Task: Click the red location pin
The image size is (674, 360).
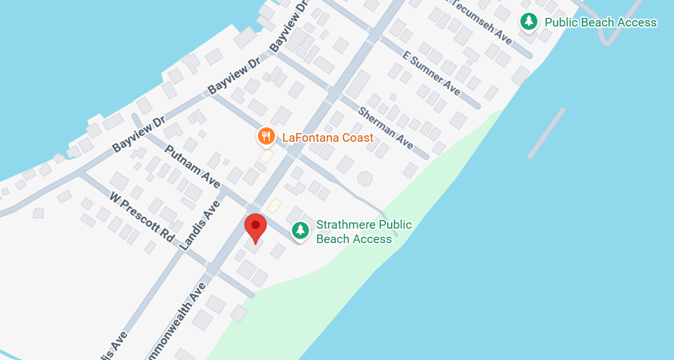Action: [x=256, y=226]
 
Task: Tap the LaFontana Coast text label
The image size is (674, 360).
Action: [x=328, y=138]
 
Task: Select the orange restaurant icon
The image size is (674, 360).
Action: [x=265, y=137]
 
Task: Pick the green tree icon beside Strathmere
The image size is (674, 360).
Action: [x=300, y=230]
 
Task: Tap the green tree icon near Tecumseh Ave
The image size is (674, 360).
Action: [x=528, y=22]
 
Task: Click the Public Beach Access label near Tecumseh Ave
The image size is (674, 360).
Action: [x=600, y=22]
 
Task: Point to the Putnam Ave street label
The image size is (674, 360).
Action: [x=192, y=166]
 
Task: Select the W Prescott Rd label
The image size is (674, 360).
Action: [x=142, y=217]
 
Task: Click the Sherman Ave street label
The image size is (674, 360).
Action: [x=386, y=128]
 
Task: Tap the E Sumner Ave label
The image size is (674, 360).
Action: [x=432, y=73]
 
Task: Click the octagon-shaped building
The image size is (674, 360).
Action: [x=365, y=178]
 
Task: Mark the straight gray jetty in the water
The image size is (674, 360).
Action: [x=546, y=133]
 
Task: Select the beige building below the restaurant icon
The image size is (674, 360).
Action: [x=266, y=156]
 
